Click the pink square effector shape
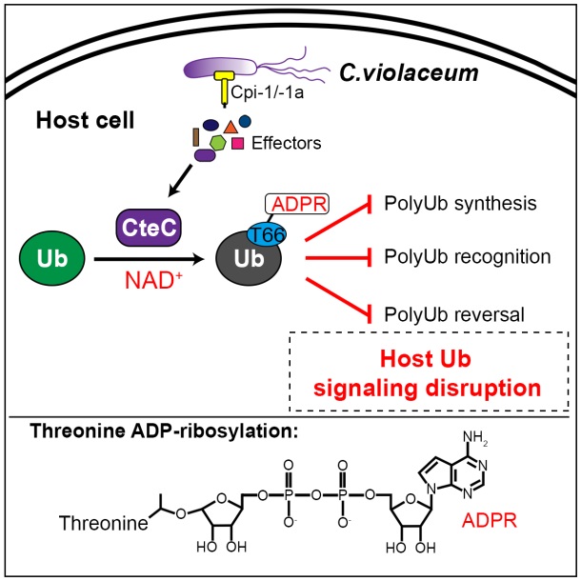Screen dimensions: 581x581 (x=238, y=144)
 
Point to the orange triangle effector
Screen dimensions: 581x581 (x=230, y=126)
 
